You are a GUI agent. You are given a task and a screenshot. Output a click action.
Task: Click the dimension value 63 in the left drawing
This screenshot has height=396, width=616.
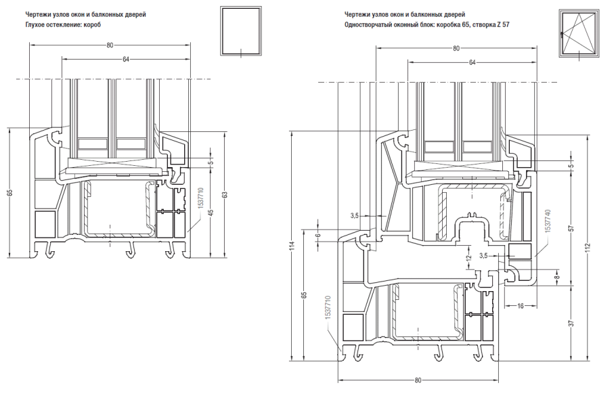point(225,195)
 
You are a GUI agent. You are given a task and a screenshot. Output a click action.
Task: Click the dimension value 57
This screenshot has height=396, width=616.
point(571,229)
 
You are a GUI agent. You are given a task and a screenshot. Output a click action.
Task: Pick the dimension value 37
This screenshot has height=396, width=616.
point(571,324)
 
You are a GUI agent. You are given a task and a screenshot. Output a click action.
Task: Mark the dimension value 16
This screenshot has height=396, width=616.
point(520,307)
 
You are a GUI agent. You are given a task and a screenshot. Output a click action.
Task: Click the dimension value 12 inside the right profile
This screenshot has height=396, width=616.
point(468,258)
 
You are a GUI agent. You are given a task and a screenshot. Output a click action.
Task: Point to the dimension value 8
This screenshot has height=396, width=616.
point(556,276)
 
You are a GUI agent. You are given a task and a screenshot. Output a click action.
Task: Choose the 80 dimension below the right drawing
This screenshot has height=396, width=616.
point(418,381)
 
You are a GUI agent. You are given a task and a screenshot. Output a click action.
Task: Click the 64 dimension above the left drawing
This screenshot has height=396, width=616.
point(126,60)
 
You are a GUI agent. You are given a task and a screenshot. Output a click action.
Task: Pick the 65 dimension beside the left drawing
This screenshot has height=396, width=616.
point(9,193)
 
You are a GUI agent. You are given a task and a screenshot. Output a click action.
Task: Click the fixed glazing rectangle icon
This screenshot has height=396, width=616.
point(240,32)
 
